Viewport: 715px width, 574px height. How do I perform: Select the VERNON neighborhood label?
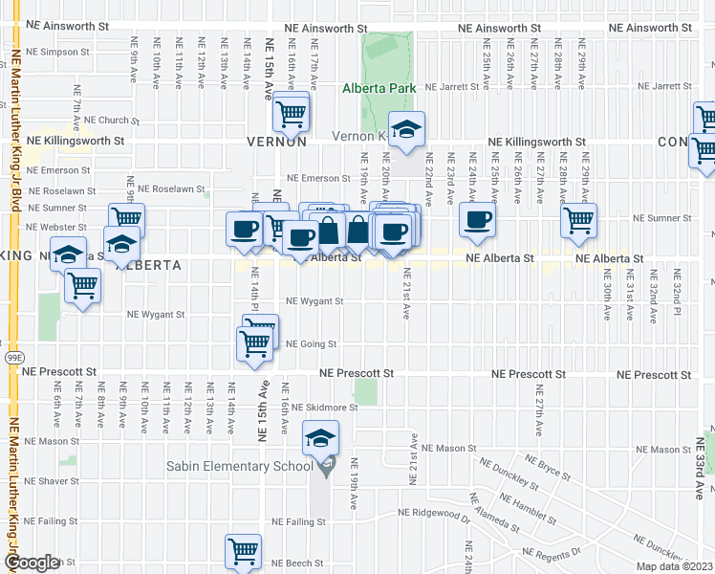click(x=276, y=141)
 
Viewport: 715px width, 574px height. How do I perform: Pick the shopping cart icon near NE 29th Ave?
click(x=578, y=220)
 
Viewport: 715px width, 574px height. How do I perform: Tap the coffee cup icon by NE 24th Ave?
click(x=477, y=219)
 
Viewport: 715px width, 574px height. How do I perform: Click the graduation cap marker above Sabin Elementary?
click(x=321, y=438)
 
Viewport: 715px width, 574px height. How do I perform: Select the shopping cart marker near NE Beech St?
click(x=244, y=551)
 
